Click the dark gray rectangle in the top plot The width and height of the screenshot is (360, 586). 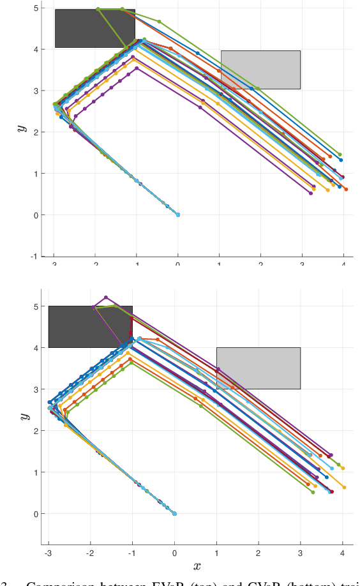(x=94, y=28)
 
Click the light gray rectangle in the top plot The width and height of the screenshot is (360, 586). (x=260, y=70)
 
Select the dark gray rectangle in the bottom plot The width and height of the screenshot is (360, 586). (x=90, y=326)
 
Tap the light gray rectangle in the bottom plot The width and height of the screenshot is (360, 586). (x=259, y=368)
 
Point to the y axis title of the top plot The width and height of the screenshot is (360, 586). (x=22, y=128)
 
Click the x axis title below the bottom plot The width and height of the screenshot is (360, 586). (x=197, y=566)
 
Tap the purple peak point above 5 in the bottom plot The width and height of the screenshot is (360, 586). (x=106, y=297)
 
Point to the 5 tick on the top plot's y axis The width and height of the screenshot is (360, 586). (x=35, y=8)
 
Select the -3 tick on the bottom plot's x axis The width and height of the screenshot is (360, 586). (x=48, y=553)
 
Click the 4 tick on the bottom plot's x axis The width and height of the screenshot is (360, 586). (x=342, y=553)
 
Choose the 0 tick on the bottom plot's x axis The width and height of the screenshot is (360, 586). (x=174, y=553)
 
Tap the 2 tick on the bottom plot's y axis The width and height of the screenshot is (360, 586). (x=35, y=431)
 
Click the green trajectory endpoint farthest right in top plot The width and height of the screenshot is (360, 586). (x=340, y=154)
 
